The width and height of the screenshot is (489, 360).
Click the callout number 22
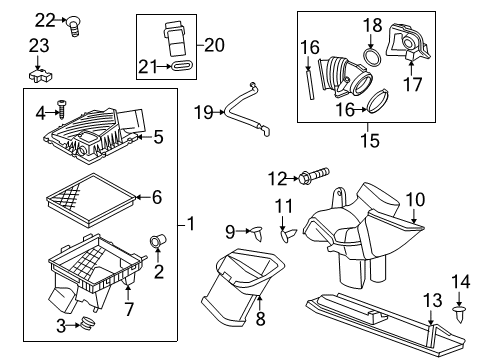click(x=43, y=20)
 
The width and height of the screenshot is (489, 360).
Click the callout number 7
click(x=128, y=293)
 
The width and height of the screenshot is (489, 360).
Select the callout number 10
click(x=414, y=199)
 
